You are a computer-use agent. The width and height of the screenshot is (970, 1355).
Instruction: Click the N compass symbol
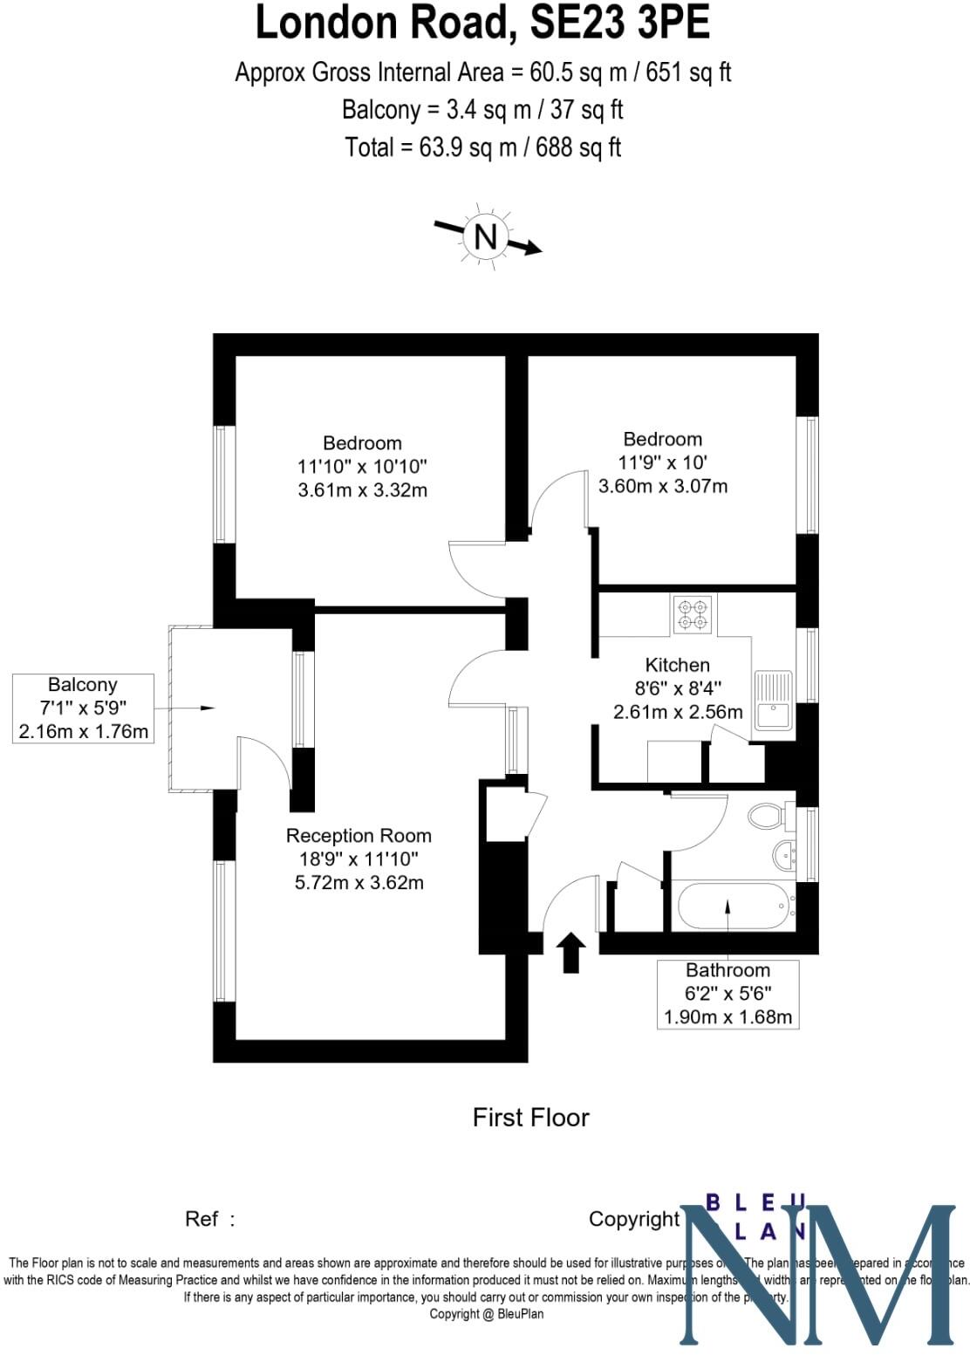coord(486,236)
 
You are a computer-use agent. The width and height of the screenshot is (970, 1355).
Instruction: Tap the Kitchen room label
coord(677,665)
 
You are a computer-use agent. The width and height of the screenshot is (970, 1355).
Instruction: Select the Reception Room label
coord(359,836)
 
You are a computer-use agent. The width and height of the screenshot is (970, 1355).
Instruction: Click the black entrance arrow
coord(571,952)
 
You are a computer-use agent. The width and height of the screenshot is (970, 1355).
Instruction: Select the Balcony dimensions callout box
coord(83,708)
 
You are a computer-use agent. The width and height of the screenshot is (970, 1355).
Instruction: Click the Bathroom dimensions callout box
coord(727,993)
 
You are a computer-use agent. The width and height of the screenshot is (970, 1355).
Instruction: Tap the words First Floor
coord(530,1118)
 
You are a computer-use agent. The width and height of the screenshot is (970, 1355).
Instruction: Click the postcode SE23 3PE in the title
coord(620,24)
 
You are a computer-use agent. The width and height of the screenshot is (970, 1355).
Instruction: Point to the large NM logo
coord(816,1276)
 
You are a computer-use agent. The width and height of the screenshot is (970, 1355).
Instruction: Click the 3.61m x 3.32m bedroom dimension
coord(363,490)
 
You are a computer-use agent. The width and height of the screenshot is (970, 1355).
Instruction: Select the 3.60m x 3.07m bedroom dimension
coord(663,486)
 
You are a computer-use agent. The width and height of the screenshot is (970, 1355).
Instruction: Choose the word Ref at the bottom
coord(202,1219)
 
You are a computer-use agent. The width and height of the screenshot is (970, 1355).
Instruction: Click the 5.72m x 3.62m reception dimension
coord(359,883)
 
